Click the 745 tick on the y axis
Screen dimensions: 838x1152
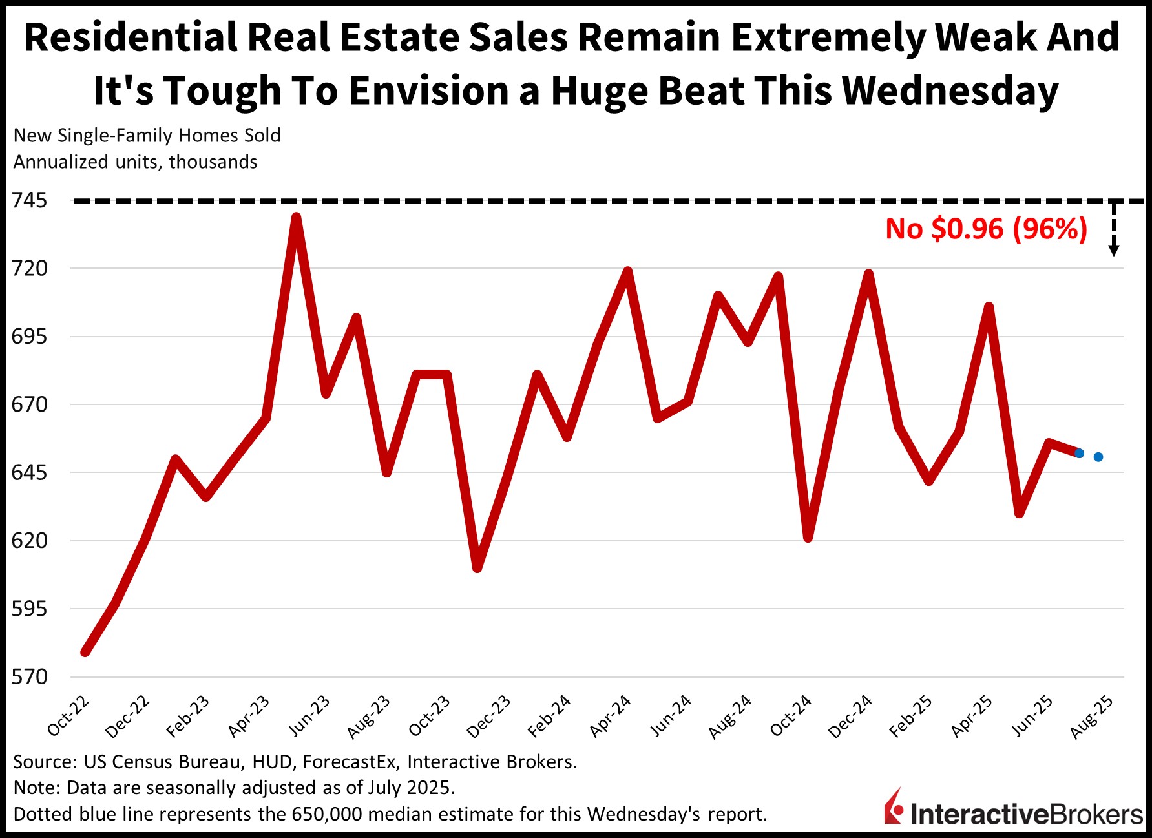29,201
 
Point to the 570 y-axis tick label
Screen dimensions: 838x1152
29,677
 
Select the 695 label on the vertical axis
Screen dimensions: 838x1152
29,337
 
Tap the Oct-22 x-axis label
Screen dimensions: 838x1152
68,717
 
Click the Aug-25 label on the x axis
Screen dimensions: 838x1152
1091,717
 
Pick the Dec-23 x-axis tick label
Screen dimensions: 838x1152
488,717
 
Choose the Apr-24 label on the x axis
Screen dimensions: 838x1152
610,717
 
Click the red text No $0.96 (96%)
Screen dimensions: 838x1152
986,229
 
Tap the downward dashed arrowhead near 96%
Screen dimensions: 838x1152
1114,251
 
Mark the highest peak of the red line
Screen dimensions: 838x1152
296,218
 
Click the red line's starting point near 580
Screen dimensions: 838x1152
85,652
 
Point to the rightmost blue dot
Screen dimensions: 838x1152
1098,457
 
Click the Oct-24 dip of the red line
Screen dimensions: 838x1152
808,537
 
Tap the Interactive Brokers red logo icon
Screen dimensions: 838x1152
895,806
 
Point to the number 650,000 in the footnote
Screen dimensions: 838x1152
327,814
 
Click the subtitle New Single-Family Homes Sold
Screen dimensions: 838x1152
147,136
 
